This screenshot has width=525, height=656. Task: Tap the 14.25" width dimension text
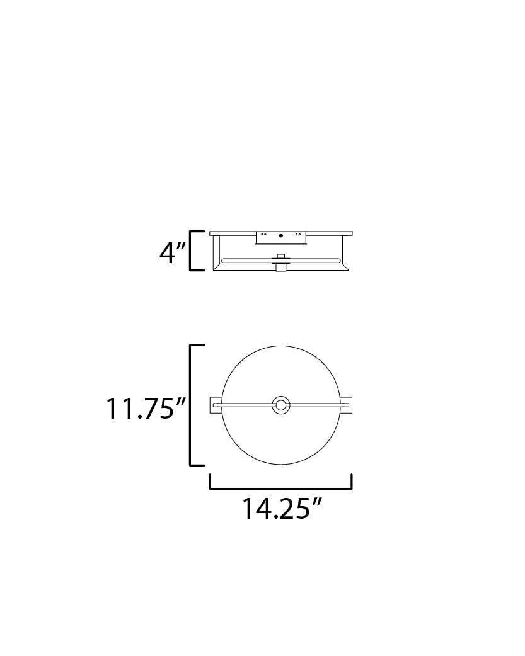pos(279,509)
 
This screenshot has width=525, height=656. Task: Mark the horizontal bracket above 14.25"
pos(280,488)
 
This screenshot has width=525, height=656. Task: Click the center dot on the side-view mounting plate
pos(280,236)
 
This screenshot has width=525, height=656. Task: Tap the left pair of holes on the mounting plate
pos(264,234)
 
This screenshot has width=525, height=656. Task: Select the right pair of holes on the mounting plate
pos(297,234)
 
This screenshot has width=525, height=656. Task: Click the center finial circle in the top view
pos(280,405)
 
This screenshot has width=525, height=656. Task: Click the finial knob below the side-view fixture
pos(280,268)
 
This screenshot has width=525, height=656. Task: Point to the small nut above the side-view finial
pos(280,255)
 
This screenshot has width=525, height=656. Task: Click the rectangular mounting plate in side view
pos(280,237)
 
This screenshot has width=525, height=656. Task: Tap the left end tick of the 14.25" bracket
pos(210,482)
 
